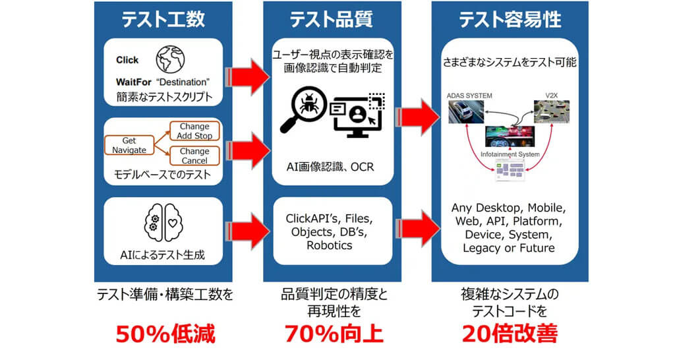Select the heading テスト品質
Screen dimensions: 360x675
pyautogui.click(x=332, y=19)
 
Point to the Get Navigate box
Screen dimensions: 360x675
pyautogui.click(x=129, y=146)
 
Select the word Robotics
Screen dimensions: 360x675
pyautogui.click(x=330, y=245)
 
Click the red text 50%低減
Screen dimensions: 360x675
pyautogui.click(x=165, y=334)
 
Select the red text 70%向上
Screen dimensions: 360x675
pyautogui.click(x=334, y=334)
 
